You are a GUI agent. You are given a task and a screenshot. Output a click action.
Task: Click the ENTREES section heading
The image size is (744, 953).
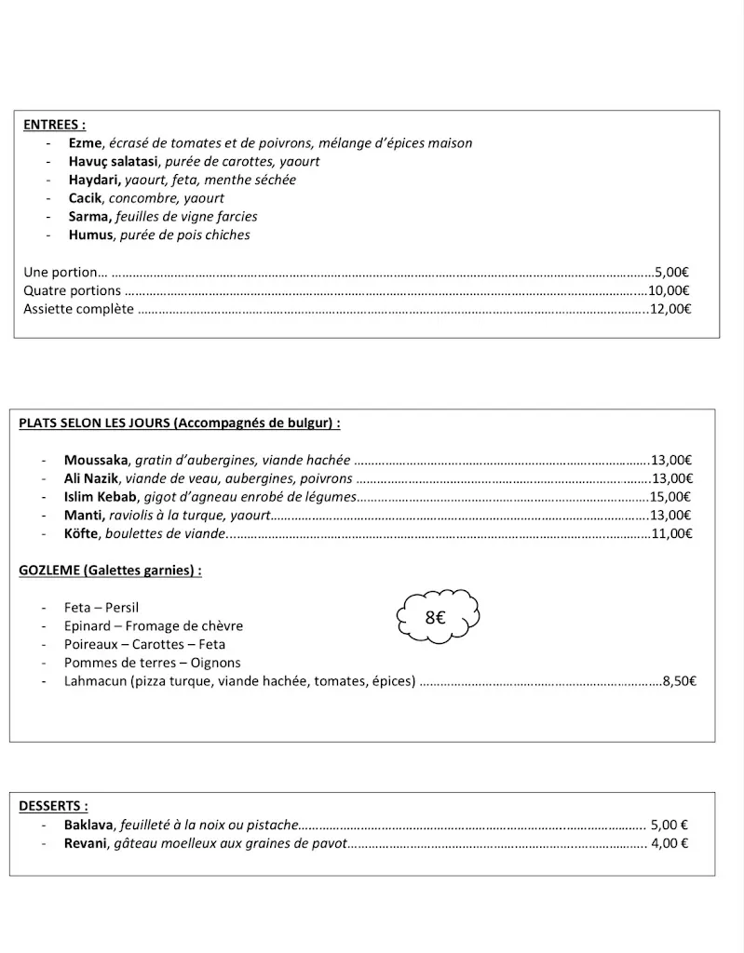click(55, 124)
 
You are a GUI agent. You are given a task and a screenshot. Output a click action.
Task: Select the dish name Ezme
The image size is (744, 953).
click(84, 142)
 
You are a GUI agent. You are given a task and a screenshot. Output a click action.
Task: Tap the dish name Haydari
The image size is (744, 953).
click(92, 180)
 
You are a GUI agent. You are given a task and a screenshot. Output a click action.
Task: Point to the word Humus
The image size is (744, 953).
click(90, 235)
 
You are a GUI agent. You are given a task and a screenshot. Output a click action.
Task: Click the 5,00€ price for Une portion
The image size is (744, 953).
click(671, 272)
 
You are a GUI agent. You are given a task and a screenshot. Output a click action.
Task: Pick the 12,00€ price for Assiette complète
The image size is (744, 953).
click(670, 309)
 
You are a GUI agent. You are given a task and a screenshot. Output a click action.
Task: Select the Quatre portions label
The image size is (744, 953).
click(72, 290)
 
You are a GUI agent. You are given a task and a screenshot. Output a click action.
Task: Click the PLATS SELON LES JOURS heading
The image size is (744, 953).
click(179, 423)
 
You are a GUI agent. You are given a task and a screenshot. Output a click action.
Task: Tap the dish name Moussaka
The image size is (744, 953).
click(97, 459)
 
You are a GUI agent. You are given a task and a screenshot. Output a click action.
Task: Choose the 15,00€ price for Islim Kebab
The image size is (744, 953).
click(670, 496)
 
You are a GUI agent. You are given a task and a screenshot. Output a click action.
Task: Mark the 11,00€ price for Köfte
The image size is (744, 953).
click(670, 533)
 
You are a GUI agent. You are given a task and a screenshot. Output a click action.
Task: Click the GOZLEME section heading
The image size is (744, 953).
click(110, 570)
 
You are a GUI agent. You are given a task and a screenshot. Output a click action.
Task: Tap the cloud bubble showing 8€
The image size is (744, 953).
click(437, 616)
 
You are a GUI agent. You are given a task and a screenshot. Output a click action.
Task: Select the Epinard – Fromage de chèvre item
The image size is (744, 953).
click(154, 625)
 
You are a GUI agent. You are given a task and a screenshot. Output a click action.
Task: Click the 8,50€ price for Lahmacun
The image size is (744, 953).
click(679, 681)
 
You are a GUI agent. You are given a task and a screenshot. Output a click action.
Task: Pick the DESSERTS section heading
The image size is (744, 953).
click(54, 806)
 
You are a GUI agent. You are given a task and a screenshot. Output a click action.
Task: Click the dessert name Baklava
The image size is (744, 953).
click(88, 825)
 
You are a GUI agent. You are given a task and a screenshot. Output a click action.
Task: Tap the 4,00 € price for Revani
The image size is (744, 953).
click(670, 843)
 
